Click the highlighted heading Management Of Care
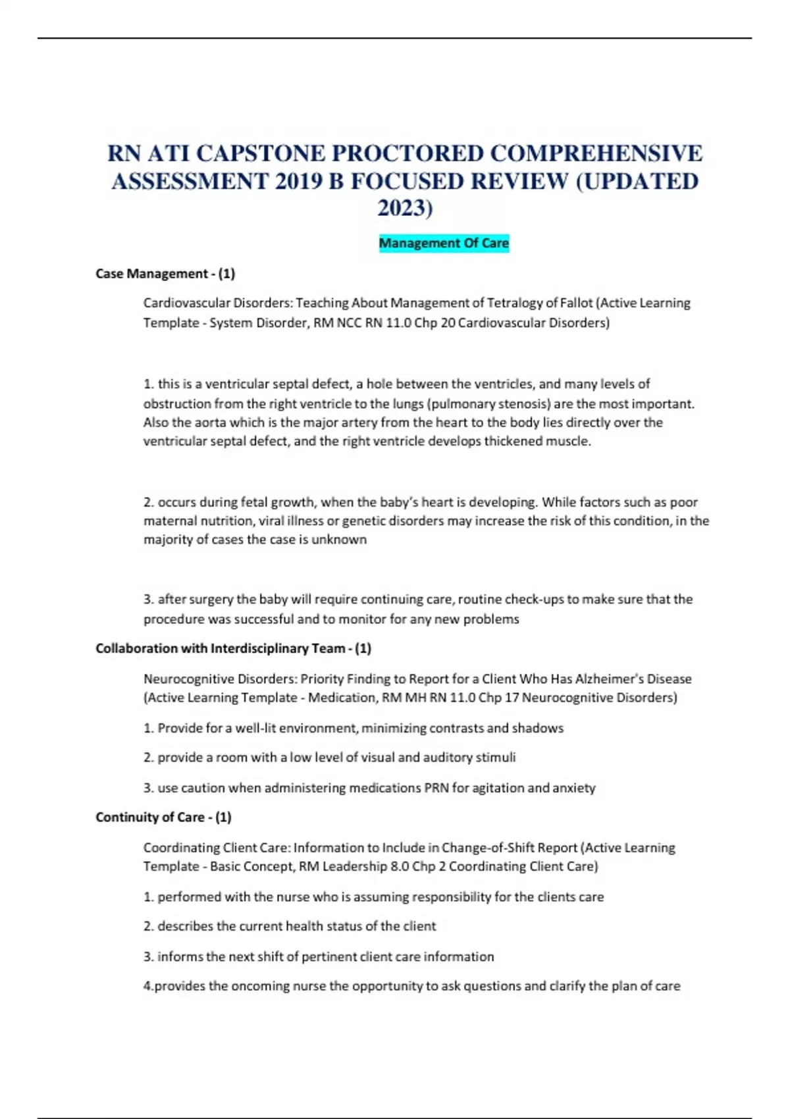point(444,244)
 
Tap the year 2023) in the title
point(405,208)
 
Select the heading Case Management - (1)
point(165,274)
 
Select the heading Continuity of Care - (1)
point(163,818)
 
